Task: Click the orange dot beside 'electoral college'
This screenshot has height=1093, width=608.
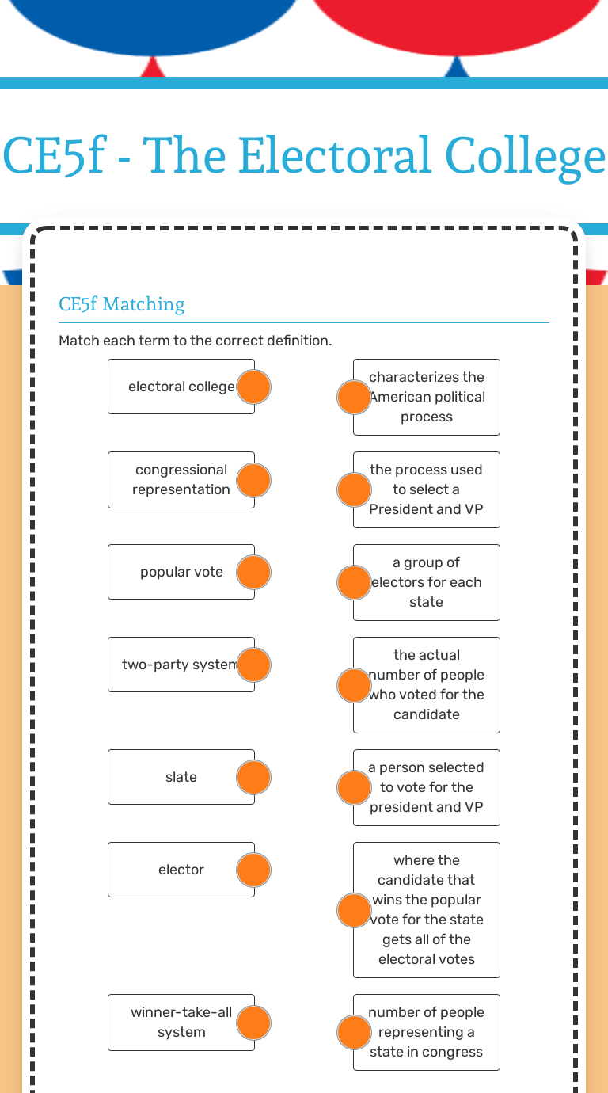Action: click(253, 387)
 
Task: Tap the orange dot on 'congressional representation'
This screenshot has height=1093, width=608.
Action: click(253, 480)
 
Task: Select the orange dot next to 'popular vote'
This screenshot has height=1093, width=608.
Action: click(253, 573)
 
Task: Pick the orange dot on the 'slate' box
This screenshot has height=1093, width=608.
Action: click(253, 777)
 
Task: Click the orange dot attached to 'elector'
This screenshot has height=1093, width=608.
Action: click(253, 870)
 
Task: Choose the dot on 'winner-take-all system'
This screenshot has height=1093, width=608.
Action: click(253, 1023)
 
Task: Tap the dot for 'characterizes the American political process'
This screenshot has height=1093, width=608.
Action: click(354, 397)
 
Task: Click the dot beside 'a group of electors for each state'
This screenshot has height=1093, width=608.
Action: click(354, 583)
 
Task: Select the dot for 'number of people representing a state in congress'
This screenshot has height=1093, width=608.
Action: click(354, 1033)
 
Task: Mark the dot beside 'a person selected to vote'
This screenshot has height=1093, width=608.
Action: click(354, 787)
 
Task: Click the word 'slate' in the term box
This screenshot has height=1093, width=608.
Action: click(180, 777)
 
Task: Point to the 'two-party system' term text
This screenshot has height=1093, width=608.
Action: click(180, 665)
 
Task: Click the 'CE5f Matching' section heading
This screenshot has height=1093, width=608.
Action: click(121, 304)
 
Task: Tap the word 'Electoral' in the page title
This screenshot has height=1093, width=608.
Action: click(336, 156)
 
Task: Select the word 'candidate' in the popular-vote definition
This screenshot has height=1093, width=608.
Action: click(427, 714)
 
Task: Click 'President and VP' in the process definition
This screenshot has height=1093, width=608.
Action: click(426, 509)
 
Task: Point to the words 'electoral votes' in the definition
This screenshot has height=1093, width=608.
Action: click(427, 959)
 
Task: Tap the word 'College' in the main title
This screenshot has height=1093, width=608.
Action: click(526, 157)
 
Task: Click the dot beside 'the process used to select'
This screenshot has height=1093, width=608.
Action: click(354, 490)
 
